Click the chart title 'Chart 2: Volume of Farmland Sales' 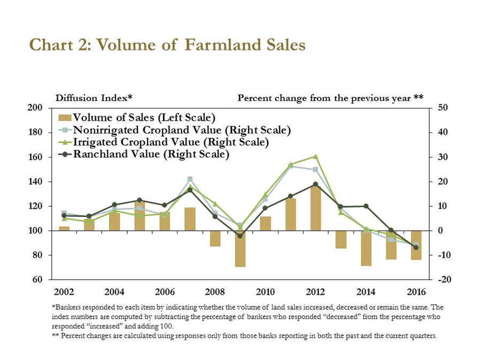coord(167,45)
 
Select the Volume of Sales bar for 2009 coord(240,248)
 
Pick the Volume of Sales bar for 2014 coord(366,248)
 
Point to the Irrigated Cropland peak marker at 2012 coord(315,156)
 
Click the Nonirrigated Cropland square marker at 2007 coord(190,179)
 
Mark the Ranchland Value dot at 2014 coord(366,206)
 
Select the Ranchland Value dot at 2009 coord(240,236)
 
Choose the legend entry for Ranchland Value coord(151,155)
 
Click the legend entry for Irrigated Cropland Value coord(170,142)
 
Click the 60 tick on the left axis coord(37,279)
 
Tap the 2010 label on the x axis coord(265,292)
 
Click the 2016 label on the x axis coord(416,292)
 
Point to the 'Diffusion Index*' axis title coord(94,98)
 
